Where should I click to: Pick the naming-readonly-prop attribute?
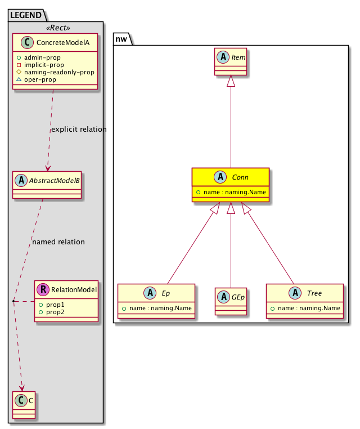(55, 72)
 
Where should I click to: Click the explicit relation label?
(79, 129)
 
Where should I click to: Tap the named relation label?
(58, 242)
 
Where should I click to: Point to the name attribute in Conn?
(231, 193)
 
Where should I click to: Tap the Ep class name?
(166, 293)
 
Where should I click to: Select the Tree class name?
(314, 293)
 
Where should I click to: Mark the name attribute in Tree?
(304, 308)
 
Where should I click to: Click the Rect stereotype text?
(56, 27)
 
